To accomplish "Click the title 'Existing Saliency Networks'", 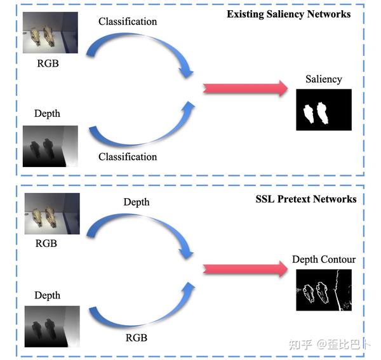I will (288, 13).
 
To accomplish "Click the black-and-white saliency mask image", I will (324, 110).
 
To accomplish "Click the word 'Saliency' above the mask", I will (323, 79).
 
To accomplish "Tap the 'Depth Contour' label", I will (324, 259).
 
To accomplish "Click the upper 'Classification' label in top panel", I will (128, 22).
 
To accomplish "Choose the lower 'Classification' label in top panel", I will (128, 157).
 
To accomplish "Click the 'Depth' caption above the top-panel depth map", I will (47, 114).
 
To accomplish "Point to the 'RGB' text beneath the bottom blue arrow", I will (137, 338).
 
